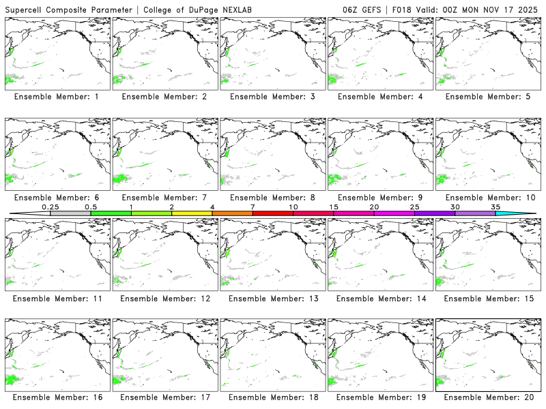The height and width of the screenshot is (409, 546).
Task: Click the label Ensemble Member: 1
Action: tap(57, 97)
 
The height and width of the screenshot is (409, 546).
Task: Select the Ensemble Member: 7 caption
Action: tap(164, 198)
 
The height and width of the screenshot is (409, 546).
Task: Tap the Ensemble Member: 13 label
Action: tap(272, 299)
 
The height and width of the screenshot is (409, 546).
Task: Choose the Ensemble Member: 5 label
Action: tap(488, 97)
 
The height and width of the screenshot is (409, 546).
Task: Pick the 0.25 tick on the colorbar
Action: tap(50, 207)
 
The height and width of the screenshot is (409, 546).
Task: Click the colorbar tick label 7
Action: tap(253, 207)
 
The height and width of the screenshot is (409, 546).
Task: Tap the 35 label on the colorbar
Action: tap(495, 207)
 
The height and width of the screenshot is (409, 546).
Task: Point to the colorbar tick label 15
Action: tap(334, 207)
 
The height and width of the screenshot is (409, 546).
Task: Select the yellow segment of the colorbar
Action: tap(192, 213)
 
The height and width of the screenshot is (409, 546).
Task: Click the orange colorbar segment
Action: tap(232, 213)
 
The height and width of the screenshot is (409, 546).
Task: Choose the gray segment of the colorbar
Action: tap(70, 213)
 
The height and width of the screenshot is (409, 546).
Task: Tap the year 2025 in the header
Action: tap(528, 9)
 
